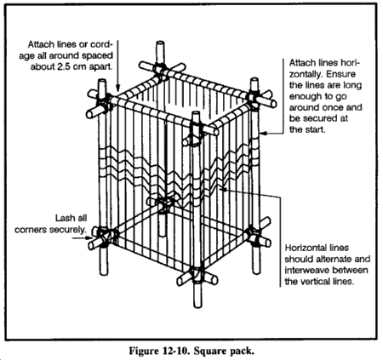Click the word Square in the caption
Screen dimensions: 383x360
[209, 351]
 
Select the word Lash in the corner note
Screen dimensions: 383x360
[63, 218]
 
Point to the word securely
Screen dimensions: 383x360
[68, 230]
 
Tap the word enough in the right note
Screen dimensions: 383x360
[304, 96]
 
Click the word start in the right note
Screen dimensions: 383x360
[315, 129]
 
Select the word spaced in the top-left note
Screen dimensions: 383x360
[97, 56]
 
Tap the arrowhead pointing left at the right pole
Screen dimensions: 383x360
[264, 133]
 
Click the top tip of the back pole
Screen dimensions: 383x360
[160, 43]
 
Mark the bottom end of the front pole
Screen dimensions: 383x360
[197, 306]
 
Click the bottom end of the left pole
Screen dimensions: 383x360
[104, 272]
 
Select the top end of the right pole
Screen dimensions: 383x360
[254, 80]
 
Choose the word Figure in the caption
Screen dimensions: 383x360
[145, 351]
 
